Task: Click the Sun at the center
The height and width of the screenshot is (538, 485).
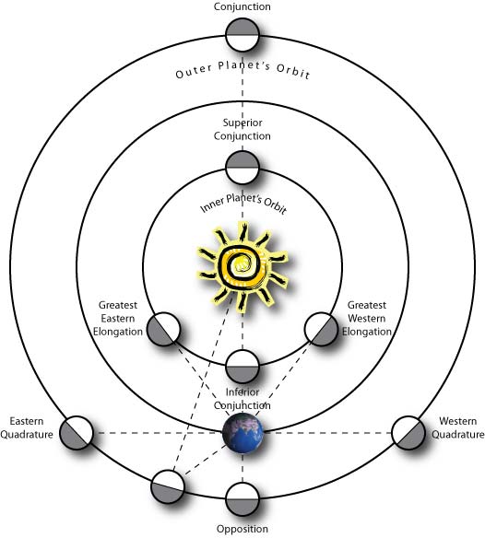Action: click(243, 266)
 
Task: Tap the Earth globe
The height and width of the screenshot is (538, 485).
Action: click(243, 433)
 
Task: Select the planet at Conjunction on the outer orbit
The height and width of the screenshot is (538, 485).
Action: click(243, 35)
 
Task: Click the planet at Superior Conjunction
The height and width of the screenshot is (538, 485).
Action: click(243, 168)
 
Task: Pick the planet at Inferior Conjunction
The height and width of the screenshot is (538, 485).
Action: click(243, 367)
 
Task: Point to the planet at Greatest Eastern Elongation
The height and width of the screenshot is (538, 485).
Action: click(163, 329)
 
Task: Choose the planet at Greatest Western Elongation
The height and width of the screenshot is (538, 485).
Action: click(321, 329)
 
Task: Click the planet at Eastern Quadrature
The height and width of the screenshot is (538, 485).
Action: click(77, 433)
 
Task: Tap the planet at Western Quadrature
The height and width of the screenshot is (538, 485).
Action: click(408, 433)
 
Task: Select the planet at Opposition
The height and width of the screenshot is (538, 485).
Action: click(243, 499)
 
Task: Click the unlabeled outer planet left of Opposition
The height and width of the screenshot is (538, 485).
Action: click(168, 486)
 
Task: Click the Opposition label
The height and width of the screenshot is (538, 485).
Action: click(243, 529)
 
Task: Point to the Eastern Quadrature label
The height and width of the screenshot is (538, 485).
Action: click(27, 427)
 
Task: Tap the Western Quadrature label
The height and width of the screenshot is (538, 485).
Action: click(458, 427)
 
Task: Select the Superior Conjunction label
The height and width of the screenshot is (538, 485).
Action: click(243, 129)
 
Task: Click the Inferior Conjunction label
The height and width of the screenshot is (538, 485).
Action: click(243, 399)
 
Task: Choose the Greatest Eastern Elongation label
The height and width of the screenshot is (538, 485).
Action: click(118, 319)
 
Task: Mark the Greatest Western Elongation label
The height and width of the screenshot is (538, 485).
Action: click(367, 319)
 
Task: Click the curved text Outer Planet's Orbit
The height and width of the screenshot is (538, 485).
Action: click(243, 70)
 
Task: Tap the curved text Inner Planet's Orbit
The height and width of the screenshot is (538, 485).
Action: click(243, 203)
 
